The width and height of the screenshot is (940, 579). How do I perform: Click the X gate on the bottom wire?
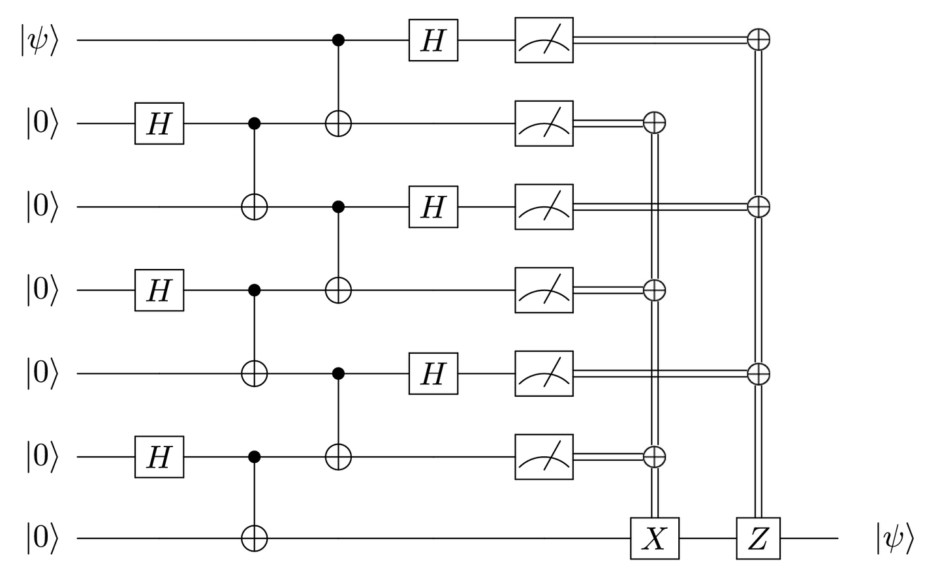click(654, 539)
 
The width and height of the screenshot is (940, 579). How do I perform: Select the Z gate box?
click(758, 539)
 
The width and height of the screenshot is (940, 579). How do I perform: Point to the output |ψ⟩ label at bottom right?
click(894, 539)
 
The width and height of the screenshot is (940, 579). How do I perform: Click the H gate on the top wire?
click(433, 40)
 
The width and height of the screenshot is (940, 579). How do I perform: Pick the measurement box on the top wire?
click(544, 40)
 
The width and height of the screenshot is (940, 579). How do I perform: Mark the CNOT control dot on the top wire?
click(338, 40)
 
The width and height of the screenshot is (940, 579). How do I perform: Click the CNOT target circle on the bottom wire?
click(255, 539)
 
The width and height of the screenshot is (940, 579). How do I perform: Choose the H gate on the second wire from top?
click(159, 123)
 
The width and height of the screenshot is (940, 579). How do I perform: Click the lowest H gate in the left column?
click(159, 457)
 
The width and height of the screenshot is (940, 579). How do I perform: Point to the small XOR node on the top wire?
click(758, 40)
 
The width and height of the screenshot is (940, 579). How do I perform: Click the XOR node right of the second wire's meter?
click(654, 122)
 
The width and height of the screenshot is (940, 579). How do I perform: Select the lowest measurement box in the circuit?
click(544, 457)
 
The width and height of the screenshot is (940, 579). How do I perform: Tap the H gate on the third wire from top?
click(433, 207)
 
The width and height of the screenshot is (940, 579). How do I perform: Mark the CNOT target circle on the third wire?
click(255, 207)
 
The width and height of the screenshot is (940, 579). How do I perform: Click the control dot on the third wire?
click(338, 207)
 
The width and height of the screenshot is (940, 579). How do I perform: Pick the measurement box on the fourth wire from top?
click(544, 290)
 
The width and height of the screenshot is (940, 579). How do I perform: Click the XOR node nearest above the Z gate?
click(758, 373)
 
